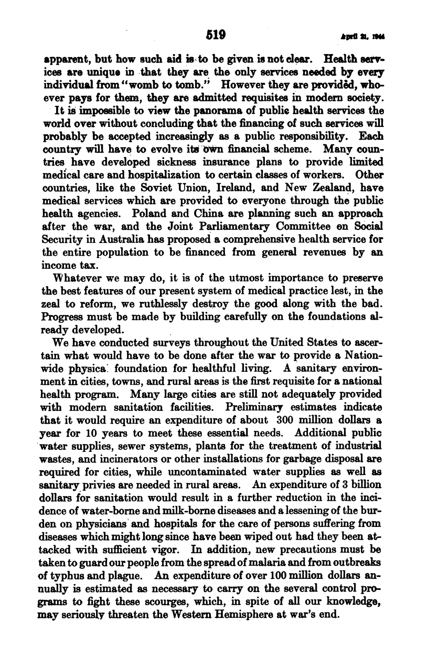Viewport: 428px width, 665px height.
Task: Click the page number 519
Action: (x=216, y=35)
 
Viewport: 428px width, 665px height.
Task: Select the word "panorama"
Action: (x=206, y=111)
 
